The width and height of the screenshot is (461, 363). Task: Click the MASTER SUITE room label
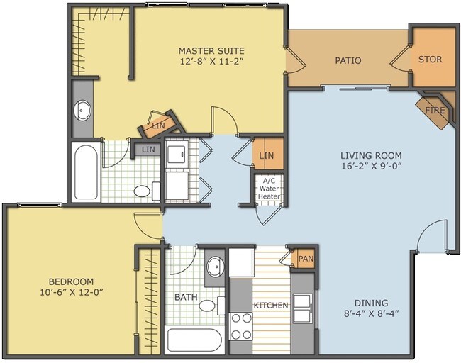click(x=211, y=51)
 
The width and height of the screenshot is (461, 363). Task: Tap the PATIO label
click(x=348, y=61)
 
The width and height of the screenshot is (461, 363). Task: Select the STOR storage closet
click(x=430, y=60)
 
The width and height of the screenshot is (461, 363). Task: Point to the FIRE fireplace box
click(x=434, y=111)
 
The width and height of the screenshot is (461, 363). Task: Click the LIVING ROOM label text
click(x=371, y=156)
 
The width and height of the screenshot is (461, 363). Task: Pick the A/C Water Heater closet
click(x=269, y=189)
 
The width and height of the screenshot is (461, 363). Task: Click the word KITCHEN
click(x=271, y=306)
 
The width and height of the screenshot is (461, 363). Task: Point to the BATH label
click(x=185, y=298)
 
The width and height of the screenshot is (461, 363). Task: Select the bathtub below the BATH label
click(x=194, y=340)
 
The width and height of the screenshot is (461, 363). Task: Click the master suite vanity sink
click(x=83, y=110)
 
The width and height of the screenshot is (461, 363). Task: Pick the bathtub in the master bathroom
click(x=86, y=172)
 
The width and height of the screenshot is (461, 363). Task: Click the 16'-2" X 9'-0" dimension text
click(x=371, y=167)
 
